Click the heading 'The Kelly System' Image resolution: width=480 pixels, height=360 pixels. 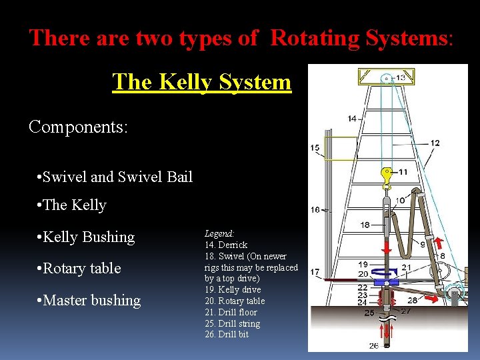pos(202,82)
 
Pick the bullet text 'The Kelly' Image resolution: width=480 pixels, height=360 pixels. pos(74,205)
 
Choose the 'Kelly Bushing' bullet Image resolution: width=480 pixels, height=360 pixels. pos(88,237)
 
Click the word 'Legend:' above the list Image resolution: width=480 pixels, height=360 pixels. pos(219,234)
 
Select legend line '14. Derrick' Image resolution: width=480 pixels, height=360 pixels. pos(226,245)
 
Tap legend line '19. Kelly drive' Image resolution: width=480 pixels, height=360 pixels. pos(233,290)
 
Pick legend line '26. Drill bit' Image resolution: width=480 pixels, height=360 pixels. pos(227,335)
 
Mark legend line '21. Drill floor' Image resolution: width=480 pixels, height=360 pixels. pos(231,312)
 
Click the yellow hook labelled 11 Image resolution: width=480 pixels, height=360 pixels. pos(386,175)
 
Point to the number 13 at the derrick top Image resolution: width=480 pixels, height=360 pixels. pos(400,78)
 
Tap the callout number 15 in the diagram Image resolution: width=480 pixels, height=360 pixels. pos(315,147)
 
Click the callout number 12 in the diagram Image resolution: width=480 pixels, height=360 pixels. pos(435,143)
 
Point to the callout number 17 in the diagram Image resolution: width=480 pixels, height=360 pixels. pos(315,272)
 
